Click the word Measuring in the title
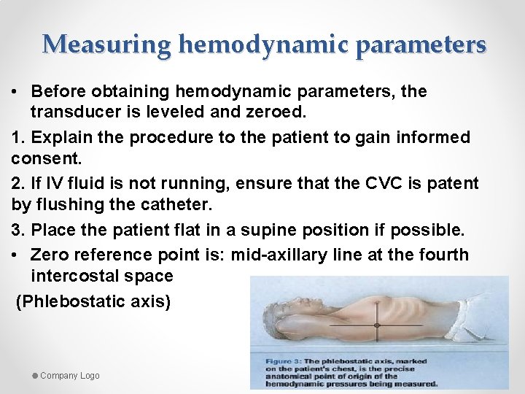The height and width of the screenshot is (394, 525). (107, 45)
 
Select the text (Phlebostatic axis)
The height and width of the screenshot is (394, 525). (93, 301)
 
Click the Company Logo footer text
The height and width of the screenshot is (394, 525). (69, 375)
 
